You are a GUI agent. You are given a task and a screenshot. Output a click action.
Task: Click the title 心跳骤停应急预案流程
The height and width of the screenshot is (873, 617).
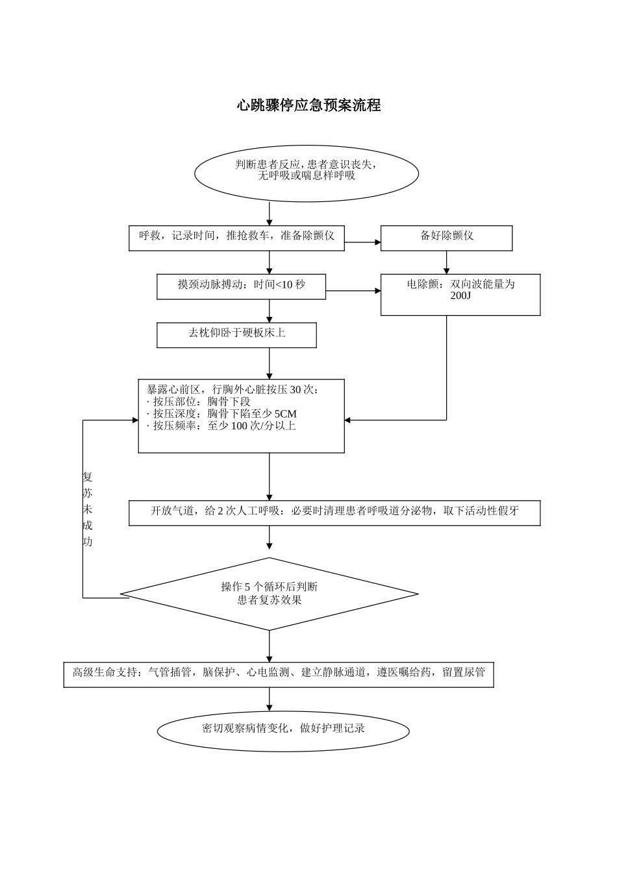pyautogui.click(x=308, y=105)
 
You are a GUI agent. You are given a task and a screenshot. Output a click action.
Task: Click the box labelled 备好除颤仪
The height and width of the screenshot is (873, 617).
pyautogui.click(x=446, y=237)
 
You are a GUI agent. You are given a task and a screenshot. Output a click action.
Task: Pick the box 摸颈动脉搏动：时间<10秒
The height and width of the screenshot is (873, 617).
pyautogui.click(x=241, y=286)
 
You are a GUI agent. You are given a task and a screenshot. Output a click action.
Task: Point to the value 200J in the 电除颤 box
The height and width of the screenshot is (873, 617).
pyautogui.click(x=460, y=296)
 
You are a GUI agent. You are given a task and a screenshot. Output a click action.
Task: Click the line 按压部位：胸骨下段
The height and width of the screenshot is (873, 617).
pyautogui.click(x=199, y=401)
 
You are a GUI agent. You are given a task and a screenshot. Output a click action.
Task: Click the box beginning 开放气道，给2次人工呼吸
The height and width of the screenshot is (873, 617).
pyautogui.click(x=334, y=512)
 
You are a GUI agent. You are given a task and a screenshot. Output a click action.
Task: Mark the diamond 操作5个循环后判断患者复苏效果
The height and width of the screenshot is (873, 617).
pyautogui.click(x=270, y=594)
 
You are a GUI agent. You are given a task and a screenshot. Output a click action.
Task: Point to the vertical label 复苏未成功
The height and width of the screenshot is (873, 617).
pyautogui.click(x=88, y=509)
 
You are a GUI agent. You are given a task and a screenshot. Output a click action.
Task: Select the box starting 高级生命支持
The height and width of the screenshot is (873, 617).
pyautogui.click(x=279, y=674)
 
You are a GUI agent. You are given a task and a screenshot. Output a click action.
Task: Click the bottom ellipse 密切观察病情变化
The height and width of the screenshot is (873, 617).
pyautogui.click(x=283, y=730)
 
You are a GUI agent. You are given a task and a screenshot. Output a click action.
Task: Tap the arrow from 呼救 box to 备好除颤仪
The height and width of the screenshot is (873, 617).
pyautogui.click(x=362, y=242)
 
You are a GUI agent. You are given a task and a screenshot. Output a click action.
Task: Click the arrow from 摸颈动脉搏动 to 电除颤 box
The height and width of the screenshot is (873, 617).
pyautogui.click(x=353, y=291)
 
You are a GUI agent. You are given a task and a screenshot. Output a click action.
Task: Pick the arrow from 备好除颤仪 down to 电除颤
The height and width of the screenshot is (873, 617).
pyautogui.click(x=446, y=262)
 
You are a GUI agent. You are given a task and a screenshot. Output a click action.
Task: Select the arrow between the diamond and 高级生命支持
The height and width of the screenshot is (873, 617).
pyautogui.click(x=270, y=646)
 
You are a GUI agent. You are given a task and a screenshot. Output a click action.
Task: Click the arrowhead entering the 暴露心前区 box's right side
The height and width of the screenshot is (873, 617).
pyautogui.click(x=348, y=420)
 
